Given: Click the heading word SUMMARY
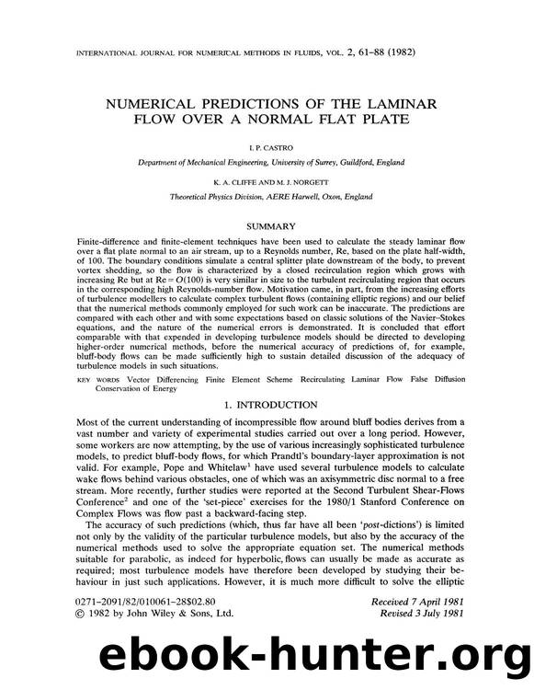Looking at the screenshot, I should tap(267, 224).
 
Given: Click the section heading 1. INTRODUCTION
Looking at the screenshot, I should tap(267, 408).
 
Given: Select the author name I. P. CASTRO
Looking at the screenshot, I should tap(267, 146).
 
